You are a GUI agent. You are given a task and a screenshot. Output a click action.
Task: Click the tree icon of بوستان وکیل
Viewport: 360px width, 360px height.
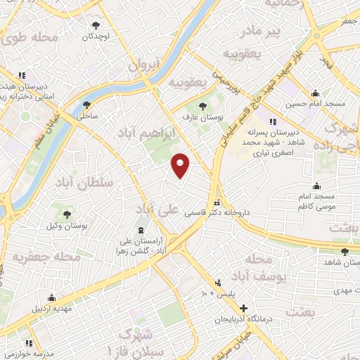(x=67, y=214)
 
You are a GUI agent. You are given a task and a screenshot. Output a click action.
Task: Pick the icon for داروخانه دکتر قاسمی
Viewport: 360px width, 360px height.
(x=217, y=200)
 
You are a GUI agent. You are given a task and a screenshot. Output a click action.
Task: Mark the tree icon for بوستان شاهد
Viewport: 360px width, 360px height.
(x=344, y=252)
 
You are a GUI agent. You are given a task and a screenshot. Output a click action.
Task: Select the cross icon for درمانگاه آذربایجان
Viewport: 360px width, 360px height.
(x=244, y=308)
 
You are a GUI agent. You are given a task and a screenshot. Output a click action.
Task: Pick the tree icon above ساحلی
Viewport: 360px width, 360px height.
(x=86, y=103)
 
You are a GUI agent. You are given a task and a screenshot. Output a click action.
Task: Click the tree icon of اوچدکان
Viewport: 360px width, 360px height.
(x=91, y=25)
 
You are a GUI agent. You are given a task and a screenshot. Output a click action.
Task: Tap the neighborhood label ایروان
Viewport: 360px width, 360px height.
(x=144, y=66)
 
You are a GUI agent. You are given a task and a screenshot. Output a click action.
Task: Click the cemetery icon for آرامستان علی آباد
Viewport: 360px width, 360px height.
(x=140, y=230)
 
